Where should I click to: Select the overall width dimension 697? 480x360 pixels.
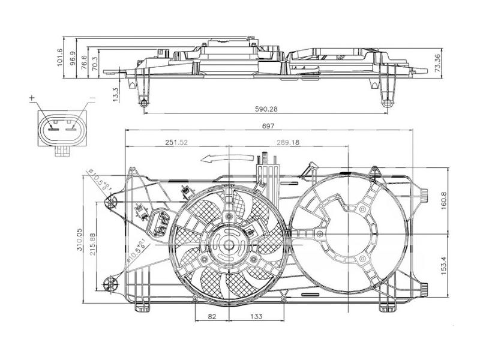click(268, 126)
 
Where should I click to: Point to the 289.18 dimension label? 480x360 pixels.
click(287, 142)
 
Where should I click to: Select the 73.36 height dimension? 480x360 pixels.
click(438, 64)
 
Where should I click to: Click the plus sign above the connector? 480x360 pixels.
click(32, 97)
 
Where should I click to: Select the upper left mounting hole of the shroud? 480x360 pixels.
click(110, 203)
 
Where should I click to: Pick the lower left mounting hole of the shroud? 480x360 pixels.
click(110, 283)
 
